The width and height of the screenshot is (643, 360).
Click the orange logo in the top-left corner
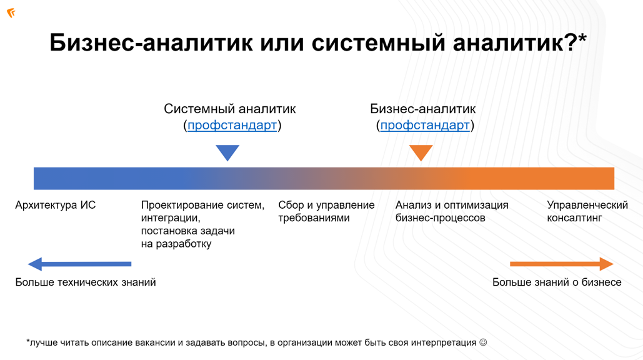(x=11, y=13)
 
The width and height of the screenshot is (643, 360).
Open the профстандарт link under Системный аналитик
(x=232, y=126)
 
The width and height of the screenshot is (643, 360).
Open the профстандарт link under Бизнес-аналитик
(x=424, y=126)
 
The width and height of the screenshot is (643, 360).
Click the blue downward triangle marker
(x=227, y=152)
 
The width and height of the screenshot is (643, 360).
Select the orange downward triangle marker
(x=421, y=152)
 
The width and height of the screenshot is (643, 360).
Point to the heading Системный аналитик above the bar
(x=229, y=109)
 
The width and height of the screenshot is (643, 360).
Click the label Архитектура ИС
(x=56, y=205)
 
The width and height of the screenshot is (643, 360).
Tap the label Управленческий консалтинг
(x=587, y=211)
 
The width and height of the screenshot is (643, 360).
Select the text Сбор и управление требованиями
(x=326, y=211)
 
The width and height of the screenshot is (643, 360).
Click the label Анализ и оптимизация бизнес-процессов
(x=451, y=211)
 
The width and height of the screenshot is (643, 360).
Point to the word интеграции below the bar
(x=171, y=218)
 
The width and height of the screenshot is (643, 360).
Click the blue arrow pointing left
(x=79, y=264)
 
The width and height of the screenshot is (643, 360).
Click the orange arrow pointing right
(x=561, y=264)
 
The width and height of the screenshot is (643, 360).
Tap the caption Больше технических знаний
(x=86, y=282)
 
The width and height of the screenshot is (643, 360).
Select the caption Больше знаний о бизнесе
(x=556, y=282)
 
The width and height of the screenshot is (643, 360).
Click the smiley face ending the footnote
(x=482, y=342)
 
